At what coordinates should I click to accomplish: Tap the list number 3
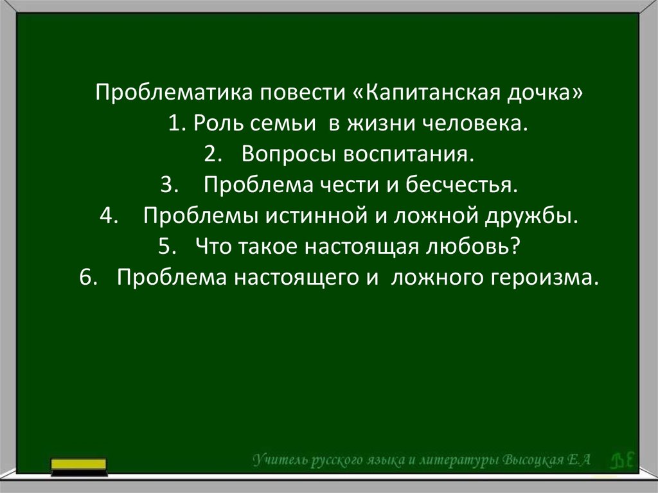coord(170,184)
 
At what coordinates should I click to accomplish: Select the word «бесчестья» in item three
coord(461,184)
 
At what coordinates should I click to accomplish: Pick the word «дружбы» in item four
coord(531,216)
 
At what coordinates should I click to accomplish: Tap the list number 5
coord(167,247)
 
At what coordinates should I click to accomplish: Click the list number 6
coord(88,278)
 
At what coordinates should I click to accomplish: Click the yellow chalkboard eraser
coord(78,467)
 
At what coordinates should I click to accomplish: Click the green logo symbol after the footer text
coord(621,460)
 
